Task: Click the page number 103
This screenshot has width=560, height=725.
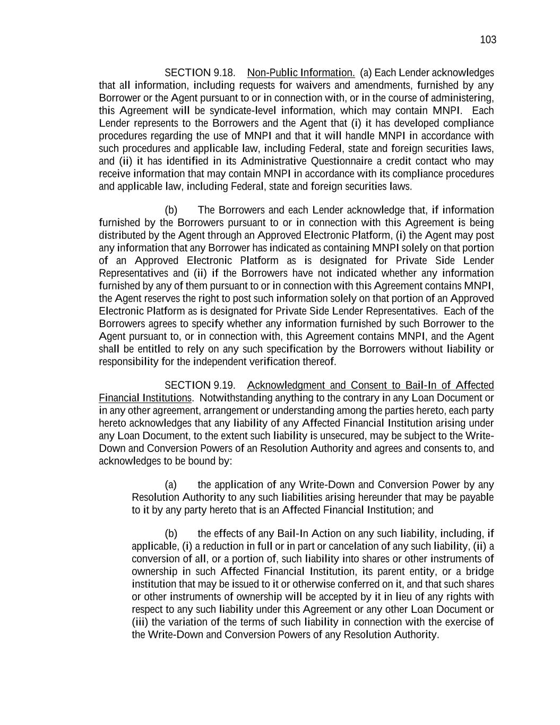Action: click(488, 40)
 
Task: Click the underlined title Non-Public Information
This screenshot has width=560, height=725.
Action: click(301, 73)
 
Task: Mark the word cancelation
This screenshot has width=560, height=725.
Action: click(354, 546)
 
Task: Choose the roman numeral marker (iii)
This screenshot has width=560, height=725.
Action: click(141, 622)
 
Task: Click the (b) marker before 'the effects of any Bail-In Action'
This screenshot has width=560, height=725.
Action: click(171, 533)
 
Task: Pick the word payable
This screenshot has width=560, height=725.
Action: click(475, 497)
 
